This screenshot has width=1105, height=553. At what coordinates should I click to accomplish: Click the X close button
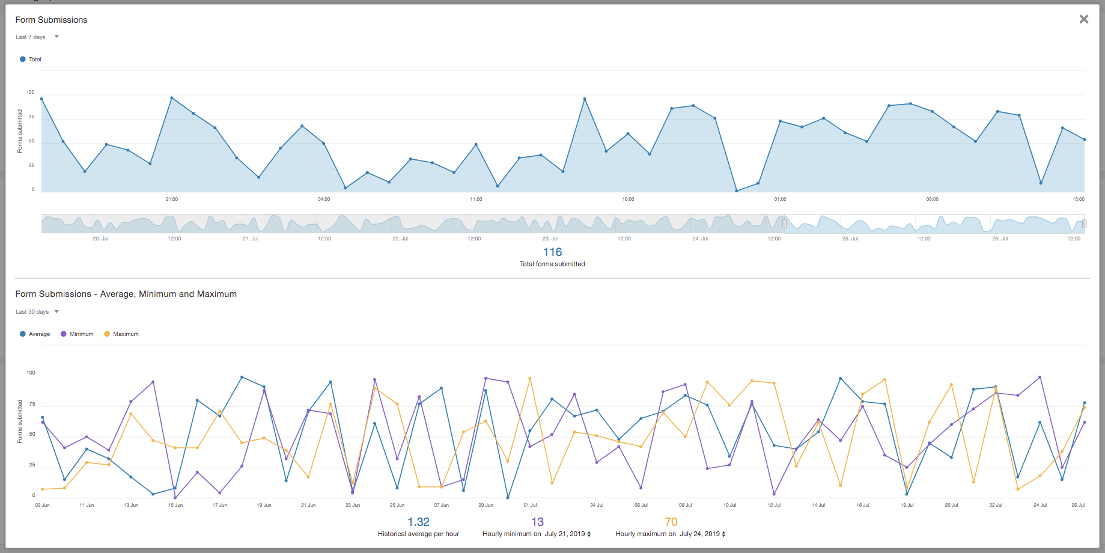[1083, 19]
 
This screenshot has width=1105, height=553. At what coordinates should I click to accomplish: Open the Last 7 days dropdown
[37, 37]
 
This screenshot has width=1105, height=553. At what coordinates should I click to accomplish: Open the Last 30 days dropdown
[37, 312]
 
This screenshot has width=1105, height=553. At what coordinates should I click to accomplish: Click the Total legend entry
[31, 60]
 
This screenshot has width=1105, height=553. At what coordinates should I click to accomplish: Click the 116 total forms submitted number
[552, 252]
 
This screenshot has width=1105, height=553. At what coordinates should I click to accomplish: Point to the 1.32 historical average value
[418, 522]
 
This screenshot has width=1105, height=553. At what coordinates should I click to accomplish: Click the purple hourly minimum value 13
[537, 522]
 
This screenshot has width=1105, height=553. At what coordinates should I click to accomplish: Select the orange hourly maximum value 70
[671, 522]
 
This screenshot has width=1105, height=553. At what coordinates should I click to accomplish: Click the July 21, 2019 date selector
[567, 534]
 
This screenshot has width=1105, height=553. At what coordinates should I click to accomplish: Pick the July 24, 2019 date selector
[702, 534]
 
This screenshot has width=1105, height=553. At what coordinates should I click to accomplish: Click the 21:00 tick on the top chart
[172, 199]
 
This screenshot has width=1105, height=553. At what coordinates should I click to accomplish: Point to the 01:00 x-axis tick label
[780, 199]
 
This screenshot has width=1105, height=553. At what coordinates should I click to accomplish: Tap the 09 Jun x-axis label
[42, 505]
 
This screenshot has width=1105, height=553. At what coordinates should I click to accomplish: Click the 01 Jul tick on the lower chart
[530, 505]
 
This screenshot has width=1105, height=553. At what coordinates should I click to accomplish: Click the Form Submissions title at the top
[51, 20]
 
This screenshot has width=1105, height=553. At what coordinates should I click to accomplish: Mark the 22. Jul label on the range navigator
[400, 239]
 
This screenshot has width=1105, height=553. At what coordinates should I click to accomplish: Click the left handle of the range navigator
[784, 224]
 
